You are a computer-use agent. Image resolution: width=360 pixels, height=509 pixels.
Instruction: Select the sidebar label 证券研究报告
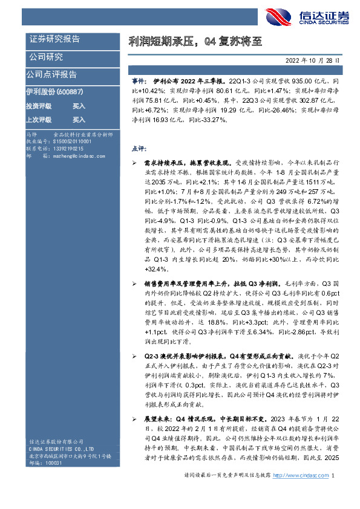(x=54, y=39)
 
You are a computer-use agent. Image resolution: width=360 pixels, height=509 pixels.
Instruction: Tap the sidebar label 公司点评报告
(x=51, y=74)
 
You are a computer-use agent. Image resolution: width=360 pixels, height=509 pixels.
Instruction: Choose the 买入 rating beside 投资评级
(x=79, y=105)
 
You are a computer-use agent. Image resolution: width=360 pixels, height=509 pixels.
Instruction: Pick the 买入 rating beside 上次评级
(x=79, y=120)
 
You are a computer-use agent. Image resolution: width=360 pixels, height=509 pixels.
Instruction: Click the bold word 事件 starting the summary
(x=138, y=80)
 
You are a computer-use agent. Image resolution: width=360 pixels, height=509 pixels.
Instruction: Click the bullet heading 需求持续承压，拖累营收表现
(x=187, y=163)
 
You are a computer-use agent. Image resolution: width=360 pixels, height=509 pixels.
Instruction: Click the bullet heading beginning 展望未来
(x=206, y=418)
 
